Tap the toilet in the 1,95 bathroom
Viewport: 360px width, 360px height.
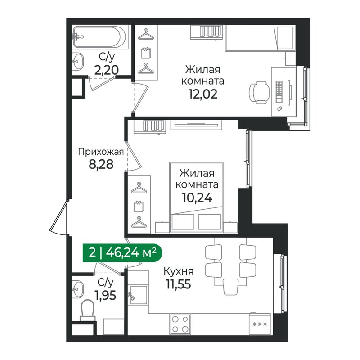click(87, 310)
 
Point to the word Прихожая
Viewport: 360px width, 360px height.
click(100, 152)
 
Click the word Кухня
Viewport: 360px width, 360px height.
click(179, 271)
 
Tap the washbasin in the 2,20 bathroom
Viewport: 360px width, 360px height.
click(78, 60)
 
